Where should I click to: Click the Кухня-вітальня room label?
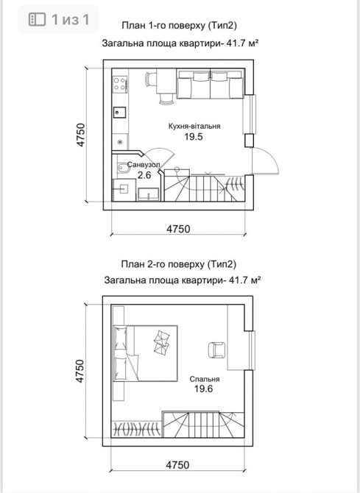click(194, 127)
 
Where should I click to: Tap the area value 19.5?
click(194, 137)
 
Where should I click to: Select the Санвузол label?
click(144, 164)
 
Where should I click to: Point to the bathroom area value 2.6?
click(144, 175)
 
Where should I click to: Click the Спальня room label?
click(205, 379)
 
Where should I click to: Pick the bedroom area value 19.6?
click(204, 389)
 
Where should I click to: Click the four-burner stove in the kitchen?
click(120, 84)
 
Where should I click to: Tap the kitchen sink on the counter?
click(119, 112)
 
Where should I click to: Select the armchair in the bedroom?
click(216, 350)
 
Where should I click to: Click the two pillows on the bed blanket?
click(162, 342)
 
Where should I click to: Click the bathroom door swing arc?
click(160, 155)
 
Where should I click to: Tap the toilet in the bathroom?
click(123, 169)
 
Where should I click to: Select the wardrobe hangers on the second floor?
click(137, 428)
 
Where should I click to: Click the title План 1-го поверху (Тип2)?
click(179, 26)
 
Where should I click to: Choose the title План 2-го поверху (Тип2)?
click(178, 264)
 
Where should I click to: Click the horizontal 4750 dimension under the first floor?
click(178, 229)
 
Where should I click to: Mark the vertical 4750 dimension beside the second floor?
click(80, 371)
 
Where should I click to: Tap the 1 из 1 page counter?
click(70, 19)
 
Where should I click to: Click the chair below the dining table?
click(166, 99)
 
